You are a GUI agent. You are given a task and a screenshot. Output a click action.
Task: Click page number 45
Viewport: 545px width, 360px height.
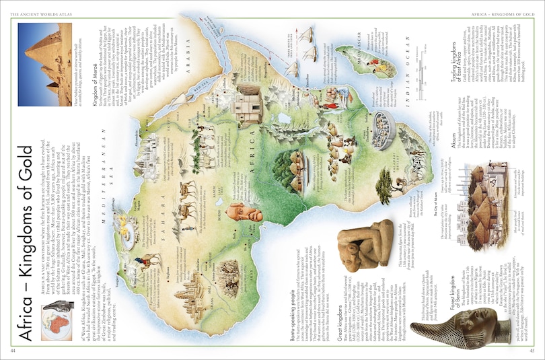point(532,350)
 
